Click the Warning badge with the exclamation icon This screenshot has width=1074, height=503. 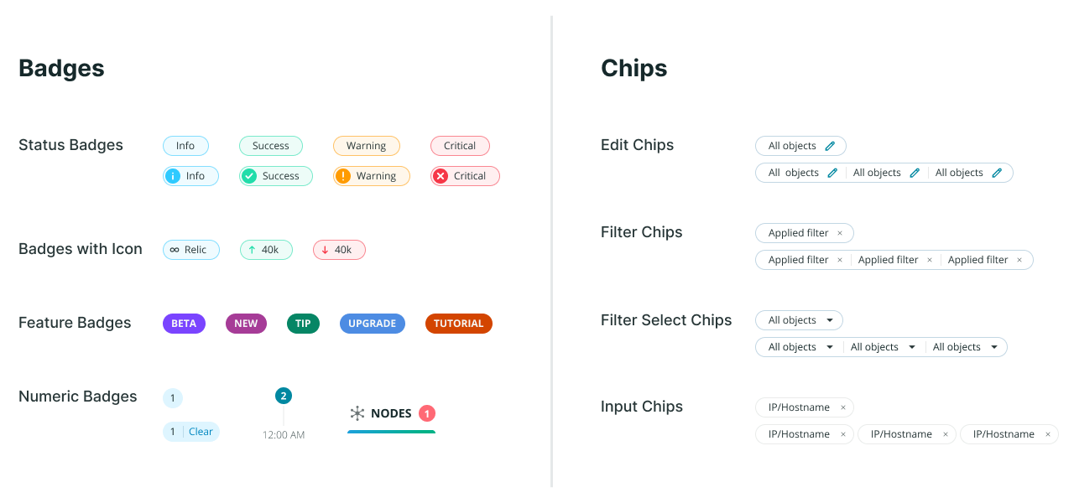click(371, 176)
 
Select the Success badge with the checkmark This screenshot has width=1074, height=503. click(275, 176)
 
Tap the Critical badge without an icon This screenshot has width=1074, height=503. click(460, 146)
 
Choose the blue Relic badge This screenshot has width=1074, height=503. click(190, 250)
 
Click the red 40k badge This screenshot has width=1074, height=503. click(339, 250)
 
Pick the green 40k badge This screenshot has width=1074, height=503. click(266, 250)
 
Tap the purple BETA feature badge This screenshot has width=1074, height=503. click(184, 324)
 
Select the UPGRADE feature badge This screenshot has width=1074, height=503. click(372, 324)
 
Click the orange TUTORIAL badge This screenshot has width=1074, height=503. click(458, 324)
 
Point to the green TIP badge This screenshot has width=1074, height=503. click(303, 324)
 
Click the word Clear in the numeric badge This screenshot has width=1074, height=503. click(201, 432)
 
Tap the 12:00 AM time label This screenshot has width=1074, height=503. click(284, 435)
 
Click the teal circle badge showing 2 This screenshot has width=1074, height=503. click(284, 396)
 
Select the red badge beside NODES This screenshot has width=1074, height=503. click(427, 413)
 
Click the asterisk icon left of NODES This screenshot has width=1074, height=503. click(357, 413)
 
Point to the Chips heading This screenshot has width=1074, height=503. click(633, 69)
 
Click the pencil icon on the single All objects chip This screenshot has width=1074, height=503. click(830, 146)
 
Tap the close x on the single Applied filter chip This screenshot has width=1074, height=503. click(839, 233)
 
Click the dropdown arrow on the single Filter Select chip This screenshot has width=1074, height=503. click(830, 320)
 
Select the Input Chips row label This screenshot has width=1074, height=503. click(641, 407)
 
